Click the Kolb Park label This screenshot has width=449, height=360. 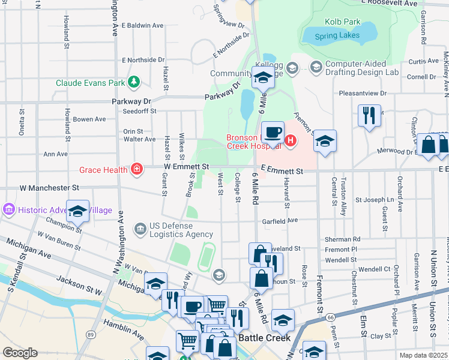point(343,22)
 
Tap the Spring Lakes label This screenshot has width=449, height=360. point(337,35)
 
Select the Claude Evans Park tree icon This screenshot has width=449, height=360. point(136,81)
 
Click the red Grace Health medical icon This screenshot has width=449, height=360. point(137,169)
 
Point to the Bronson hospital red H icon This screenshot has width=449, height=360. point(291,141)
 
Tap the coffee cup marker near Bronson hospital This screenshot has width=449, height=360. point(273,133)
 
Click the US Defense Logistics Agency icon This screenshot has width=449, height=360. point(140,228)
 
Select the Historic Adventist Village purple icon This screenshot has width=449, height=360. point(9,210)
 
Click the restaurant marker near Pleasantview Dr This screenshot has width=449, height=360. point(369,114)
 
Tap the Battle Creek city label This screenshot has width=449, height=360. point(265,338)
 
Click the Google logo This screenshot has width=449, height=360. point(20,353)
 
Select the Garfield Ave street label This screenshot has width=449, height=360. point(284,221)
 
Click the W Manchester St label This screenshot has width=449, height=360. point(49,188)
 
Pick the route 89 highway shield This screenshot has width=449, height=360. point(90,334)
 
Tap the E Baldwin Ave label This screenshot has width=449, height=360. point(142,26)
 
